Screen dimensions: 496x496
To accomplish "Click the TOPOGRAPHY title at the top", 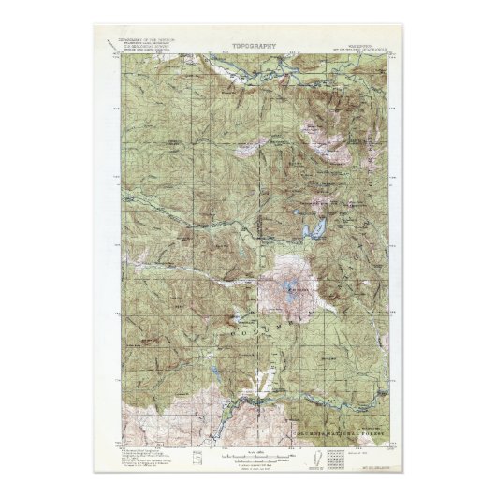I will point(247,43).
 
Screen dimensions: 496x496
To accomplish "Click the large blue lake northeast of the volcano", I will point(316,228).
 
